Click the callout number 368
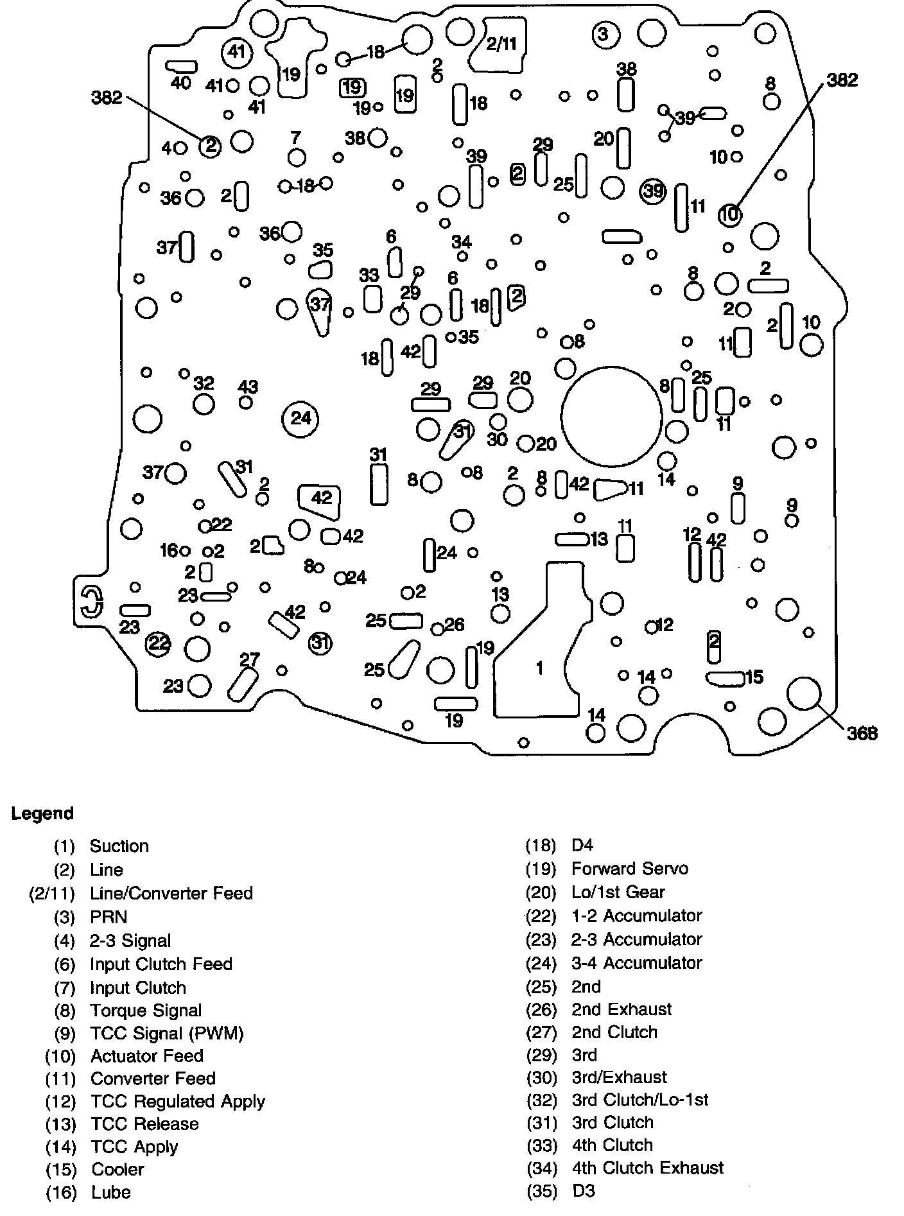862,733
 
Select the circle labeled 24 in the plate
300,419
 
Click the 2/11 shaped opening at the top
500,44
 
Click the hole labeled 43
245,403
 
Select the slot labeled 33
372,299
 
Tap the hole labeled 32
204,404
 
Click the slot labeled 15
726,678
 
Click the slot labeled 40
181,66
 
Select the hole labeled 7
296,157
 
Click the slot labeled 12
694,562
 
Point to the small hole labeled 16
186,551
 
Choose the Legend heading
42,813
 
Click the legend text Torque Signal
146,1011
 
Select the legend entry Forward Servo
630,869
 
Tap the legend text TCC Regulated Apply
178,1101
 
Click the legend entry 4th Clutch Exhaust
647,1167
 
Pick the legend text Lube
111,1192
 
